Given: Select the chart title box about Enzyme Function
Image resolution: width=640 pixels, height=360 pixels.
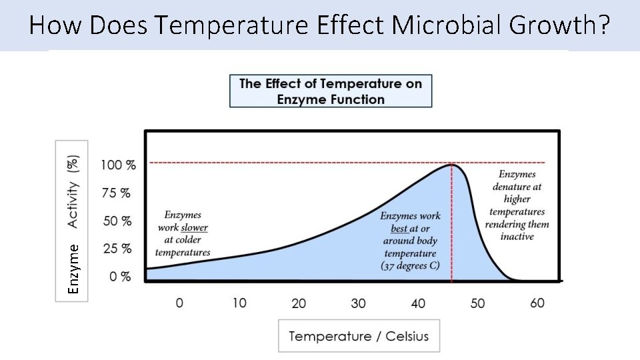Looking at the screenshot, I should coord(331,91).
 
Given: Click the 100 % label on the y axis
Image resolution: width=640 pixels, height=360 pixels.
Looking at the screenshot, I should coord(118,165).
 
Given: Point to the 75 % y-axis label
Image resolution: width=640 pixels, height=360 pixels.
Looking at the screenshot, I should coord(116,193).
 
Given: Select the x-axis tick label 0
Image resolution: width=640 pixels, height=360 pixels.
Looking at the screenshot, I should coord(179,303).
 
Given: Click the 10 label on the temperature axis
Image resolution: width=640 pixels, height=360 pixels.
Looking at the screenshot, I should coord(239,303).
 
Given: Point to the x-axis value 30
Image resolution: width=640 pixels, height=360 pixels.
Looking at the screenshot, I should coord(358,303).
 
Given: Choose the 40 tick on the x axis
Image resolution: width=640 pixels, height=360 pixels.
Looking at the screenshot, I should coord(418,303).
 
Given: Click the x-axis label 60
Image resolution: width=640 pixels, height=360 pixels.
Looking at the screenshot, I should coord(537,303).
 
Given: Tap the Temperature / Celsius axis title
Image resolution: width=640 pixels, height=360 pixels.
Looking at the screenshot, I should coord(359,336).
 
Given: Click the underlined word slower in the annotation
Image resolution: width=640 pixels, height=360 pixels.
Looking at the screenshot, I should coord(194,227).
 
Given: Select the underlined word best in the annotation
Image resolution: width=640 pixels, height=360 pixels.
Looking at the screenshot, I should coord(399,229).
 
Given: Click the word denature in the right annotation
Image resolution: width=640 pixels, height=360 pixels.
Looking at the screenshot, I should coord(517,187).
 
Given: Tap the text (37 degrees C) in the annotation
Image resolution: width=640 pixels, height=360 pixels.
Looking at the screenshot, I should coord(410,266).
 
